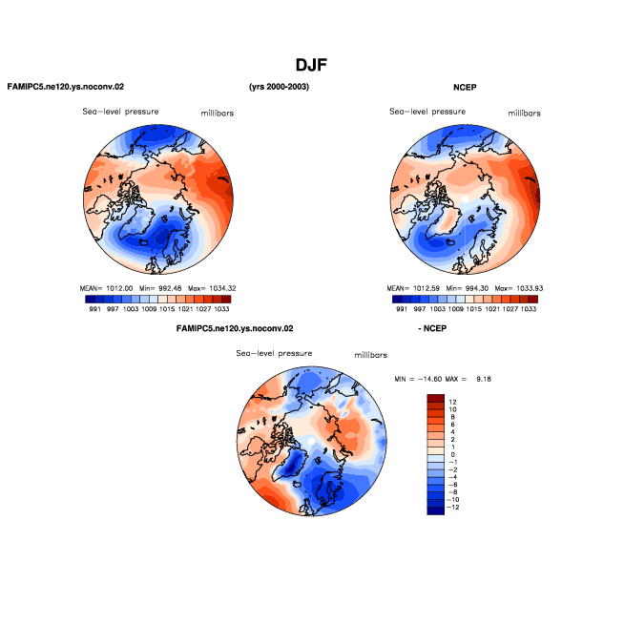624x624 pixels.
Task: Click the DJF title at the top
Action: click(311, 65)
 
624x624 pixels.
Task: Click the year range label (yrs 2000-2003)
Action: click(279, 87)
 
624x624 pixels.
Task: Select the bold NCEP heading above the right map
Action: click(465, 87)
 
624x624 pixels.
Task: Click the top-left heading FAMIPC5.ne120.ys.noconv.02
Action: click(66, 87)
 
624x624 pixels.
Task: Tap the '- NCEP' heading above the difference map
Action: click(432, 328)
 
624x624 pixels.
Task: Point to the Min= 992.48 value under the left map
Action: click(160, 288)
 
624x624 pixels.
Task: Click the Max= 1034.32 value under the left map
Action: click(212, 288)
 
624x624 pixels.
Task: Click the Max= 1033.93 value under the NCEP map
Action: click(519, 288)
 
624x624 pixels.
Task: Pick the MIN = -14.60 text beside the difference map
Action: click(418, 379)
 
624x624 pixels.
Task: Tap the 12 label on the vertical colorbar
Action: click(452, 402)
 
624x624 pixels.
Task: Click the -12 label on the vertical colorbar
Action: click(452, 508)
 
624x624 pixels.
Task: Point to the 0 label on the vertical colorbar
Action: click(452, 454)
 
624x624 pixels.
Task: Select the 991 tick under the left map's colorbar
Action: click(95, 309)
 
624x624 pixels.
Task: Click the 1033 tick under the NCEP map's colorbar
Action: click(529, 309)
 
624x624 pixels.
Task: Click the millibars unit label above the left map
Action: click(218, 114)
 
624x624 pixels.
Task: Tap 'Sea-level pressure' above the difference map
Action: click(274, 353)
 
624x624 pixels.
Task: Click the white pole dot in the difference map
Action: click(312, 441)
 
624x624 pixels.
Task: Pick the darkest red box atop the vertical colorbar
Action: click(435, 398)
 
